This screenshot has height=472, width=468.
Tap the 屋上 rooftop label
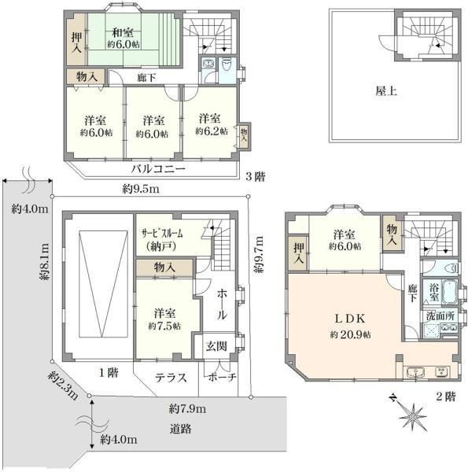385,91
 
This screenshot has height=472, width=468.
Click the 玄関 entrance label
216,344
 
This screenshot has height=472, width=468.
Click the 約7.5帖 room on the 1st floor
164,319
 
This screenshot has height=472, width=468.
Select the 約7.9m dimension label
187,409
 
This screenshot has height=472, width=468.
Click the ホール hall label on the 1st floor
223,303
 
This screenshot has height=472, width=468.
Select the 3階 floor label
254,178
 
